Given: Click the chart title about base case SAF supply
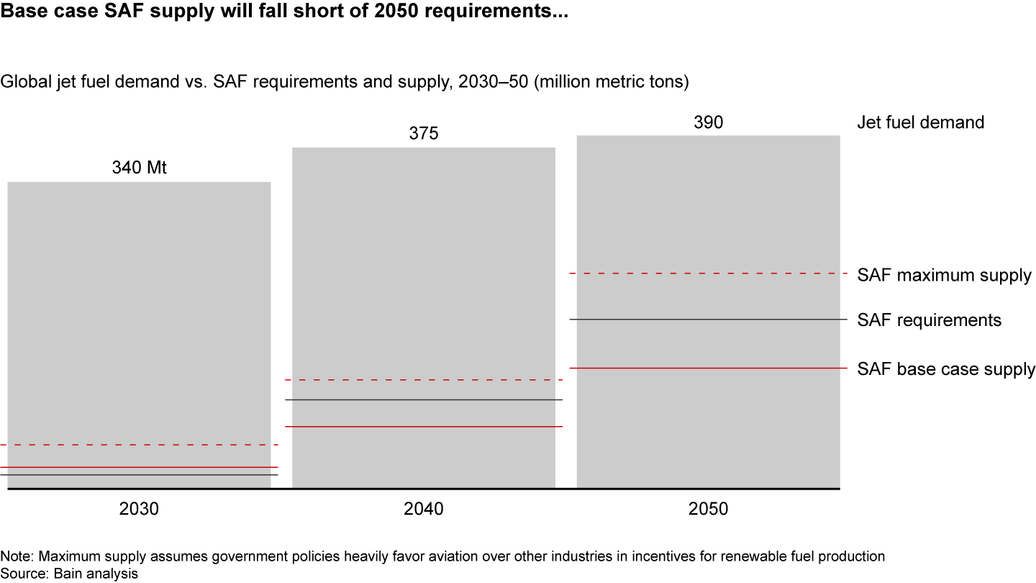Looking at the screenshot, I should coord(284,13).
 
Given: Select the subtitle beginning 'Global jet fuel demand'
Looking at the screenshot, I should coord(345,82).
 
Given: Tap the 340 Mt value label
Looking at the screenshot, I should coord(139,168).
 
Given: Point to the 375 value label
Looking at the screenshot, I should coord(424,134).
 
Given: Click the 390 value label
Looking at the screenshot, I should coord(708,122).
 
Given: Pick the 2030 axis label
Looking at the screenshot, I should coord(139,509).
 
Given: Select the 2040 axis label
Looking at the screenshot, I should coord(424,509).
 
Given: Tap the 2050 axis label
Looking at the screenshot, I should coord(708,509).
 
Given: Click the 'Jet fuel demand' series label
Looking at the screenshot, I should coord(920,122).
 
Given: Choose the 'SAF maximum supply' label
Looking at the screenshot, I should coord(944,275).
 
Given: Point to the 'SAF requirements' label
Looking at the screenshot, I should coord(929,320).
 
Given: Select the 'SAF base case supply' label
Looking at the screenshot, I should coord(946,369).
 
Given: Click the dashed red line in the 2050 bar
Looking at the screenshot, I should coord(708,274).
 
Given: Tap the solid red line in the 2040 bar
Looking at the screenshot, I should coord(424,427).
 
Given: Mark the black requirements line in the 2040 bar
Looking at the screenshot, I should coord(424,399).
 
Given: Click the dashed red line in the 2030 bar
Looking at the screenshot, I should coord(139,445).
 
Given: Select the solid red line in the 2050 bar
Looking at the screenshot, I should coord(708,369).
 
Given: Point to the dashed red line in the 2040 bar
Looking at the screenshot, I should coord(424,379).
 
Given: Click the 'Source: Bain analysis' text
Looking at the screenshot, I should coord(69,573).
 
